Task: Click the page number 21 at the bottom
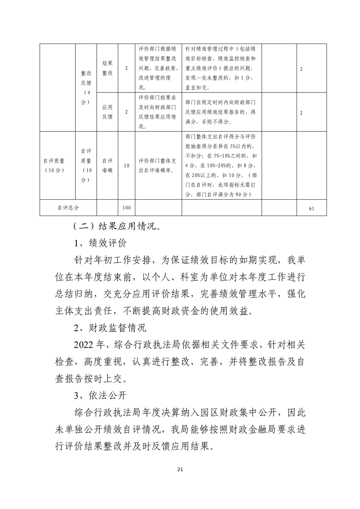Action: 180,469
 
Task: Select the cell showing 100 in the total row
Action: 127,207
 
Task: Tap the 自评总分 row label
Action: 69,207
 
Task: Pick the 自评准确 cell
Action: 107,166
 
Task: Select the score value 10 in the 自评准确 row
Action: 127,166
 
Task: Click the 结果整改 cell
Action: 107,68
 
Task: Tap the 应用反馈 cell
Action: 107,112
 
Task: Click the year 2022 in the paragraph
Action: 84,344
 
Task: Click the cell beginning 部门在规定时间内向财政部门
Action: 222,112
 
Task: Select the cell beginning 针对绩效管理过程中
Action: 222,68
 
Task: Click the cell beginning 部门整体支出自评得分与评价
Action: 222,166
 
